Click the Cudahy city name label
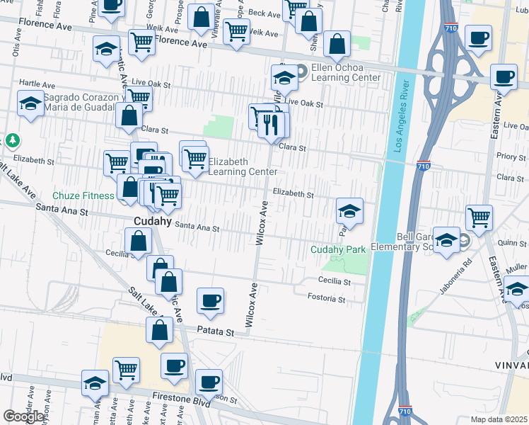tap(152, 221)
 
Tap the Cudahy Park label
tap(339, 249)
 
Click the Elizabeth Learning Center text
tap(238, 166)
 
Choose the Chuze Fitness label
tap(83, 195)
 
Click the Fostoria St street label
tap(327, 300)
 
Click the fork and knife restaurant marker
tap(270, 125)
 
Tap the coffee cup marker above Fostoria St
tap(210, 300)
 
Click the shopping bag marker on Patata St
tap(161, 329)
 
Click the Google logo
tap(23, 416)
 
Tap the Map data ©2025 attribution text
tap(499, 419)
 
